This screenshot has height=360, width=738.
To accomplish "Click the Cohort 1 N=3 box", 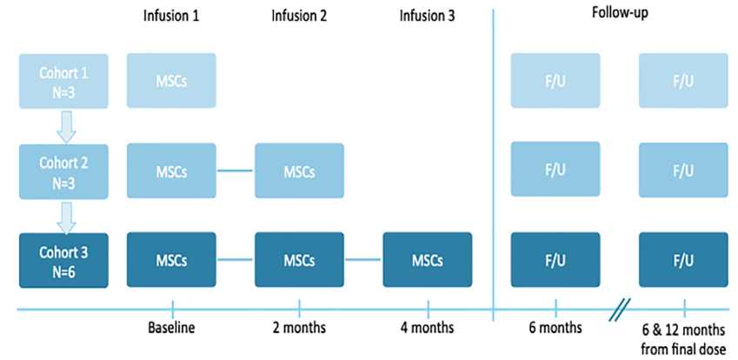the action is pos(63,81).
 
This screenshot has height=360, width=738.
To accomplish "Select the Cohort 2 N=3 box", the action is pos(63,171).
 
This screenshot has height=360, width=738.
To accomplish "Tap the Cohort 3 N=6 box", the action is pos(63,260).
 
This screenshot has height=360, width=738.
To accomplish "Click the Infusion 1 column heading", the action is pos(171,17).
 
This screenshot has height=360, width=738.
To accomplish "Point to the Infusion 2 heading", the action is pos(299,17).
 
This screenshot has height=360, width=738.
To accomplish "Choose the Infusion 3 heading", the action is pos(428,17).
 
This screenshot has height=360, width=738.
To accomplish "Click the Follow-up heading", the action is pos(620,14).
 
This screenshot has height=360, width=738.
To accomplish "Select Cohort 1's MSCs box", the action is pos(171,81).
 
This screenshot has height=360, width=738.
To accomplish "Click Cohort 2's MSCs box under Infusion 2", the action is pos(299,170).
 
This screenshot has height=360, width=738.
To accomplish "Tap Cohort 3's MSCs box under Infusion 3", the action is pos(428,260).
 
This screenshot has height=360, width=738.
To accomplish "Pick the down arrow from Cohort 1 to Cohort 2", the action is pos(66,127).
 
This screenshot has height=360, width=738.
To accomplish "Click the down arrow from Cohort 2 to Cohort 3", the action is pos(66,217).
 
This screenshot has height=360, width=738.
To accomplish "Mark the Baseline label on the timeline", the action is pos(171,328).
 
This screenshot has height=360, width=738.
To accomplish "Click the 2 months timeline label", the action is pos(299,328).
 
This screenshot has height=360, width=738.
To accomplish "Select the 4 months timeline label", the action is pos(428,328).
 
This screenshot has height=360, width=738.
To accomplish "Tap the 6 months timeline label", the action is pos(555,328).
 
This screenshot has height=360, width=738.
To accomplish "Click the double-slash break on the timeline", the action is pos(621,310).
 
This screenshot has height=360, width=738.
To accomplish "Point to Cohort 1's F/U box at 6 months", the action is pos(555,81).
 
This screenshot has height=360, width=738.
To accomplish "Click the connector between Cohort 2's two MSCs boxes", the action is pos(236,170).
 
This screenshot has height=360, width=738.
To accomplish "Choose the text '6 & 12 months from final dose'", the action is pos(684,340).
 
